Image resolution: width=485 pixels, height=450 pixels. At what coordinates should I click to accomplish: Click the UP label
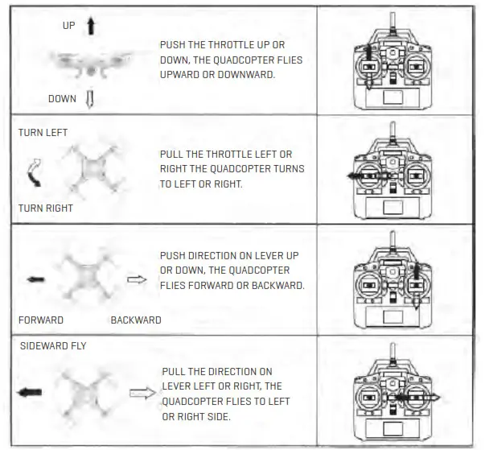pyautogui.click(x=68, y=26)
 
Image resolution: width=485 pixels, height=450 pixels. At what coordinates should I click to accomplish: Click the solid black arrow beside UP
pyautogui.click(x=90, y=26)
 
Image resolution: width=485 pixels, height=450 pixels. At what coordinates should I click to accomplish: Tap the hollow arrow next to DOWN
pyautogui.click(x=90, y=99)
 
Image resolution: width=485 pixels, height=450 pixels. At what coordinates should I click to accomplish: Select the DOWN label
pyautogui.click(x=62, y=99)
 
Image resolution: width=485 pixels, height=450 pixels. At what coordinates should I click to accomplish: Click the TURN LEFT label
pyautogui.click(x=43, y=132)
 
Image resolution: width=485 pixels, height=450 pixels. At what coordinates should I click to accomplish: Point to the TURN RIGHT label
pyautogui.click(x=46, y=208)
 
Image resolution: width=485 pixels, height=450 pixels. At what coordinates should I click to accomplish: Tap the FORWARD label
pyautogui.click(x=41, y=320)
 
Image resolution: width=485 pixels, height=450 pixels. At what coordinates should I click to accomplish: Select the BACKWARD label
pyautogui.click(x=136, y=320)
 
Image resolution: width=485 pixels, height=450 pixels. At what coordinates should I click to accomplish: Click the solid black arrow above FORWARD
pyautogui.click(x=36, y=280)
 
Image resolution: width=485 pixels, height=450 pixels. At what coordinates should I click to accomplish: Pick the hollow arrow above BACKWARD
pyautogui.click(x=138, y=280)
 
